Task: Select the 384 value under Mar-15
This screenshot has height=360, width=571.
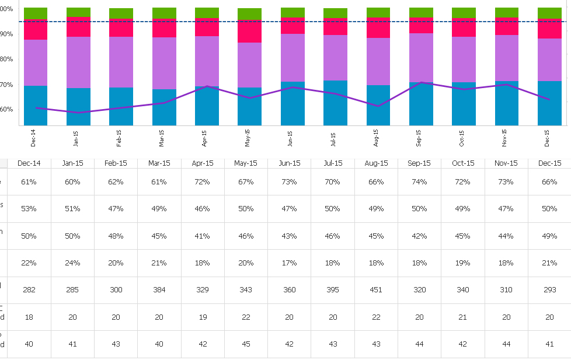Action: (x=159, y=290)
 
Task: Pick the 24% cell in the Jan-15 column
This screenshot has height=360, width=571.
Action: (x=72, y=263)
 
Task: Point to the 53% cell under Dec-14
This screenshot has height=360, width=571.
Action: (x=29, y=209)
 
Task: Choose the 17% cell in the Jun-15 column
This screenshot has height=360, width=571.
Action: (x=290, y=263)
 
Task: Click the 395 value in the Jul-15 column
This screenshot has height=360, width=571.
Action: (x=333, y=290)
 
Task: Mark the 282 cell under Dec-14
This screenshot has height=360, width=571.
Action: (x=29, y=290)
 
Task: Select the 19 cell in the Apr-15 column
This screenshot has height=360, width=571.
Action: (x=203, y=317)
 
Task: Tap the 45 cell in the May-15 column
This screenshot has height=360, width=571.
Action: (x=246, y=344)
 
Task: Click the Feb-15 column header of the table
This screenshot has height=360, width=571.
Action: (x=116, y=163)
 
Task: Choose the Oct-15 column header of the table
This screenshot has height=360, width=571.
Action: (x=463, y=163)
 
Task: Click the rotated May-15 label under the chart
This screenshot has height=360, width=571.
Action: (x=247, y=138)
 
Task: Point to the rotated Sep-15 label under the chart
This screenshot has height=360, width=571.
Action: (x=419, y=138)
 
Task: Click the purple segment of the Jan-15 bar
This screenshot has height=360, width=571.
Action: (x=78, y=62)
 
